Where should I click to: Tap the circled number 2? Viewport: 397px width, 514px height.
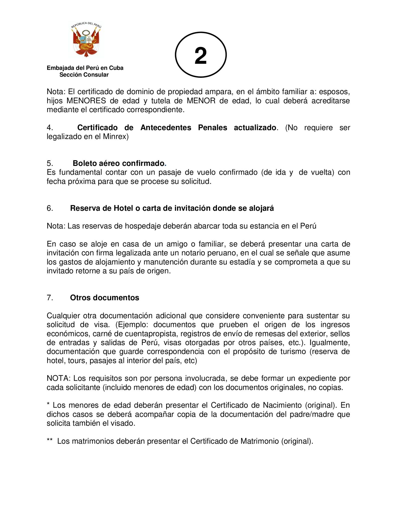point(201,55)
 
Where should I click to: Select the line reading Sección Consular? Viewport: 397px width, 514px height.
point(84,75)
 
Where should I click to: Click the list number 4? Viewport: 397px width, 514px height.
point(50,128)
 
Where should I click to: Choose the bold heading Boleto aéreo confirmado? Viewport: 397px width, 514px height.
point(118,163)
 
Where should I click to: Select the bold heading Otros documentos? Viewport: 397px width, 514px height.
point(105,298)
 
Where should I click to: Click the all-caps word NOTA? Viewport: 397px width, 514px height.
point(59,378)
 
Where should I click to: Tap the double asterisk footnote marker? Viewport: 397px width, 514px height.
point(50,441)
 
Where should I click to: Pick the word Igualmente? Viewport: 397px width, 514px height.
point(330,343)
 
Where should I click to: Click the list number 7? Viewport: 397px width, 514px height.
point(50,298)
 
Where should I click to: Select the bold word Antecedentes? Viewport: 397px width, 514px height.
point(166,128)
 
